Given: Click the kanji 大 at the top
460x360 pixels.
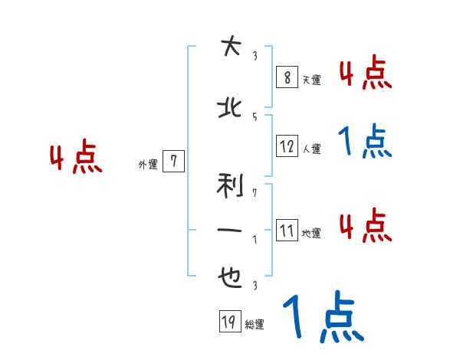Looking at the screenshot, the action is click(x=228, y=47).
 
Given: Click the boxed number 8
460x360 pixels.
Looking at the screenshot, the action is click(x=286, y=77).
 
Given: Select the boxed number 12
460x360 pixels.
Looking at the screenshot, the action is click(x=286, y=146).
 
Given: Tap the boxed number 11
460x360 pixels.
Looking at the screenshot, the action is click(x=286, y=231).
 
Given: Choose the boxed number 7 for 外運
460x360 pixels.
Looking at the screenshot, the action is click(x=174, y=161).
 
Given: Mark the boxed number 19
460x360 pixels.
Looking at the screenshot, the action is click(x=228, y=322).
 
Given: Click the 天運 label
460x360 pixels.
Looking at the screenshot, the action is click(x=311, y=80).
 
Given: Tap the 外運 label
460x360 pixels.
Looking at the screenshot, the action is click(x=147, y=164).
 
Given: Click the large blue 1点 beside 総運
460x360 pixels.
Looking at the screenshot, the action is click(x=323, y=317).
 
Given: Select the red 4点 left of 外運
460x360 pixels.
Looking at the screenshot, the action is click(x=76, y=159).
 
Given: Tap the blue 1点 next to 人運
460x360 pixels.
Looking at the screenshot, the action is click(x=365, y=142).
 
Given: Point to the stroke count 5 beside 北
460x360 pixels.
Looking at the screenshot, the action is click(x=254, y=116).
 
